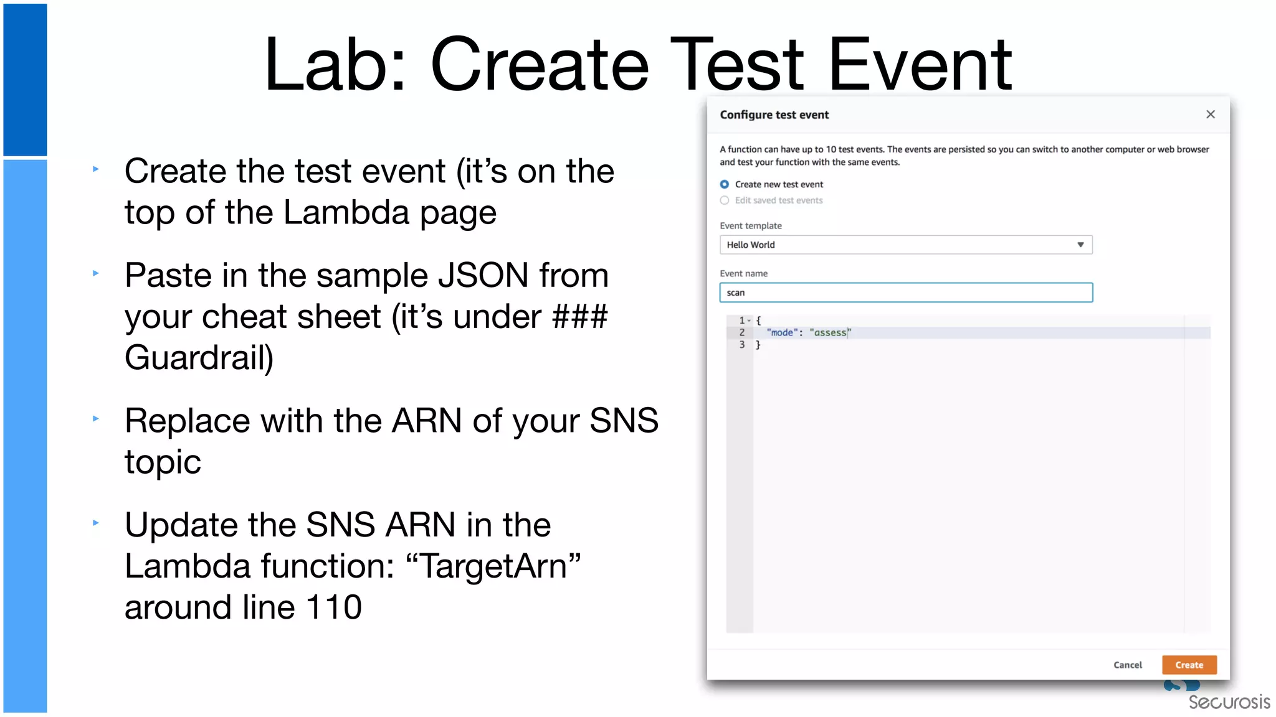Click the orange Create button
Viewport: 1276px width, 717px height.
coord(1189,665)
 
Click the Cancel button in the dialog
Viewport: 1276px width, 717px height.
coord(1127,665)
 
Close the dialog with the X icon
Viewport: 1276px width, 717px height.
coord(1210,115)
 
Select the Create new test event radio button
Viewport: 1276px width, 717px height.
coord(725,184)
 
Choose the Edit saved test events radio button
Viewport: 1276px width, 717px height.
coord(725,200)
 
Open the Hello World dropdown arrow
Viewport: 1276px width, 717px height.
coord(1080,245)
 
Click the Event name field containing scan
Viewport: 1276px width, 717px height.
coord(905,293)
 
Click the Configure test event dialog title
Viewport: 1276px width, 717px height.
coord(774,115)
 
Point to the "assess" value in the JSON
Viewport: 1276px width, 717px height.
coord(830,333)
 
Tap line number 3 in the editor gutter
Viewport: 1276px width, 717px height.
coord(741,345)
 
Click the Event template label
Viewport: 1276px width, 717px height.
coord(750,226)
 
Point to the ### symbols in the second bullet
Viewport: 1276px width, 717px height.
coord(579,316)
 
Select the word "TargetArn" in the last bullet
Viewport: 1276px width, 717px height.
coord(493,566)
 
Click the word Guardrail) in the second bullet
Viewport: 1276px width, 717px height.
coord(199,358)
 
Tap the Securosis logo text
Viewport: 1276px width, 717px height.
coord(1229,702)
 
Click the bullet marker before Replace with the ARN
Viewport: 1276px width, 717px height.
coord(96,419)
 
